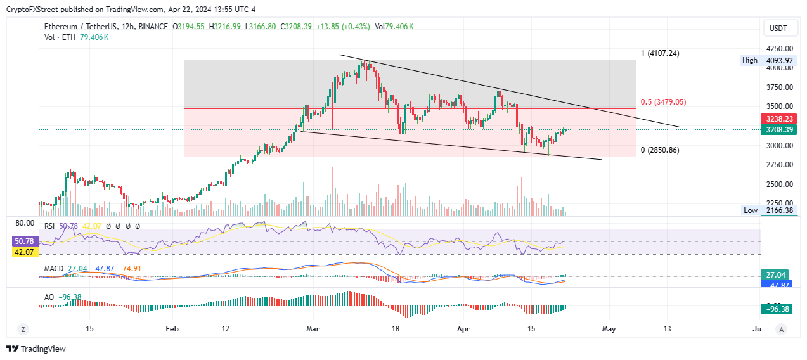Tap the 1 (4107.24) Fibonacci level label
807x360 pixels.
click(660, 53)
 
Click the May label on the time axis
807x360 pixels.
click(609, 329)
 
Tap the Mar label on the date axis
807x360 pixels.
click(313, 329)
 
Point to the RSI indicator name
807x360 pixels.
click(50, 226)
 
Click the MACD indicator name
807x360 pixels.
click(54, 269)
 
